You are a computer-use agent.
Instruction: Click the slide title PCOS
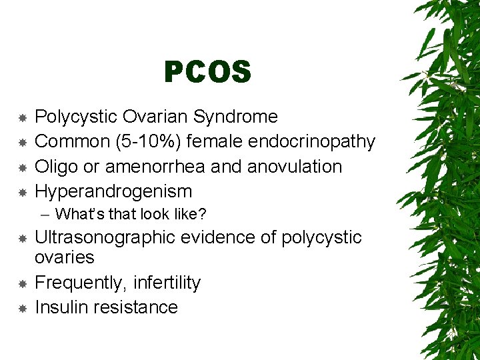coord(207,73)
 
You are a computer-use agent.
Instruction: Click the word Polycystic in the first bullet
coord(76,117)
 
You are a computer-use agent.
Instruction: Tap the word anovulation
coord(294,166)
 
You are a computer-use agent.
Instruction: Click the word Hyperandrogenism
coord(113,191)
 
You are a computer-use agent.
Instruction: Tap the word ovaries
coord(64,257)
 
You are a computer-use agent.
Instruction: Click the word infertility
coord(167,283)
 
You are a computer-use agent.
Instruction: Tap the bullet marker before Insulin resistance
coord(22,308)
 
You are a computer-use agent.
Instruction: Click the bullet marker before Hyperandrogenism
coord(22,192)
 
